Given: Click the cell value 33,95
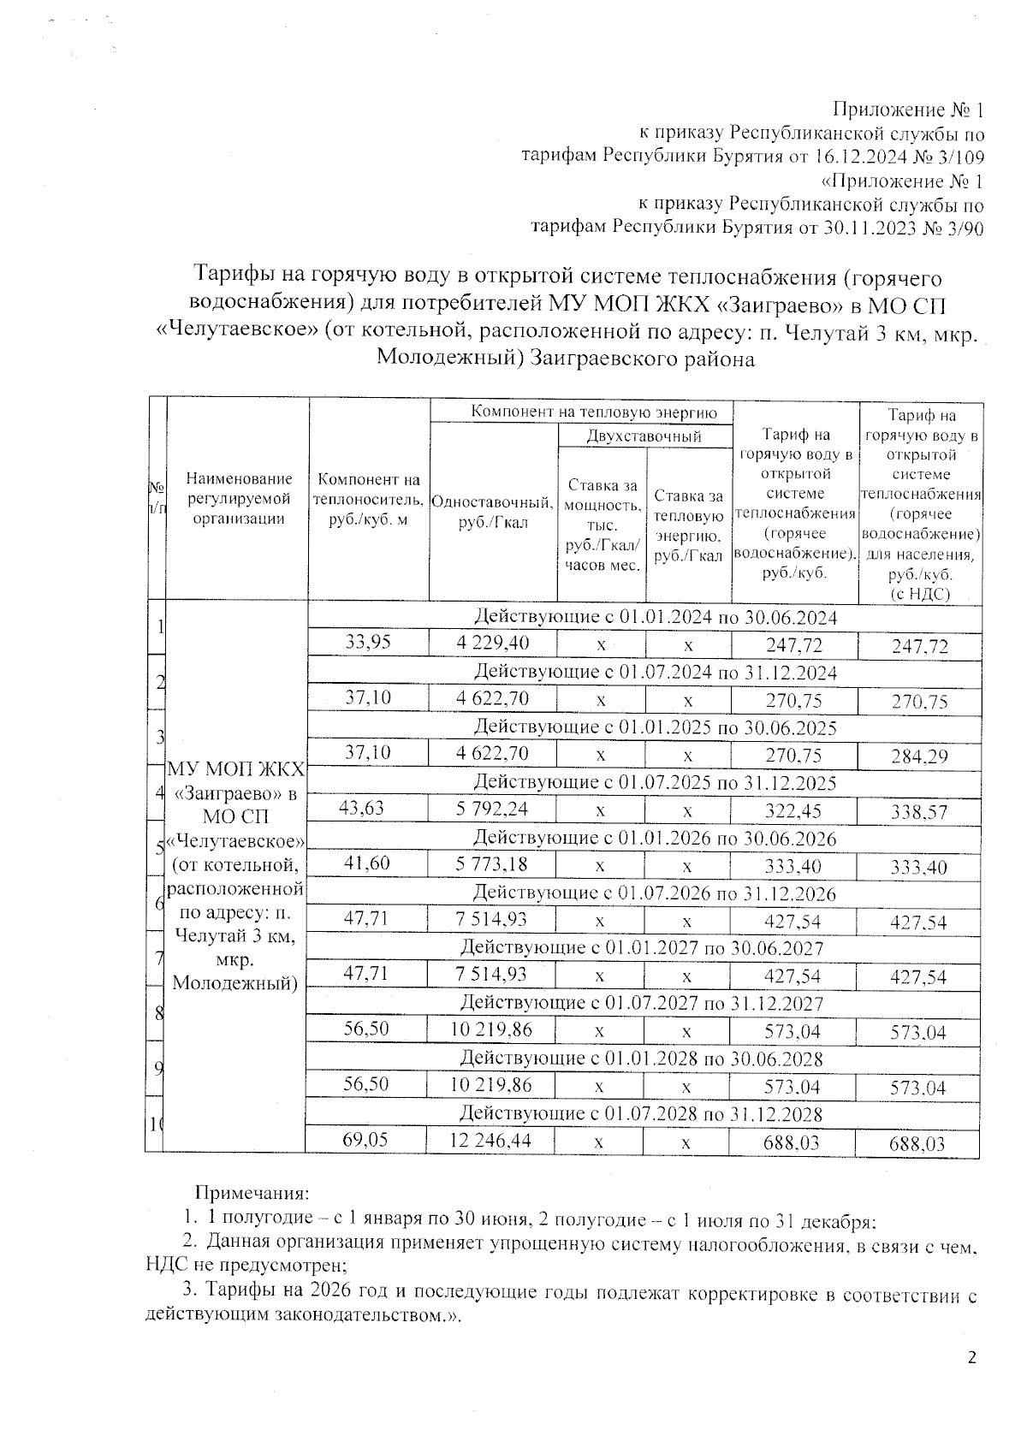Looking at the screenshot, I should [368, 642].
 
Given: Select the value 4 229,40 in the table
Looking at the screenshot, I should [492, 643].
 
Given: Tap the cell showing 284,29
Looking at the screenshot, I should [919, 756].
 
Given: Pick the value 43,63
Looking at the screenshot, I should [363, 808].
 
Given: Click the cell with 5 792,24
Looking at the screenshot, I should [492, 809].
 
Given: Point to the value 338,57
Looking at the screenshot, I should [919, 812].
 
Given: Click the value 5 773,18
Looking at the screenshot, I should [492, 864].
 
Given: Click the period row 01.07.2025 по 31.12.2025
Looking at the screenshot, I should [655, 782].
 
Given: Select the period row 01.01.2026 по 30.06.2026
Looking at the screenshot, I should [655, 838].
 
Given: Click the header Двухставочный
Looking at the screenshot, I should [644, 436].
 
